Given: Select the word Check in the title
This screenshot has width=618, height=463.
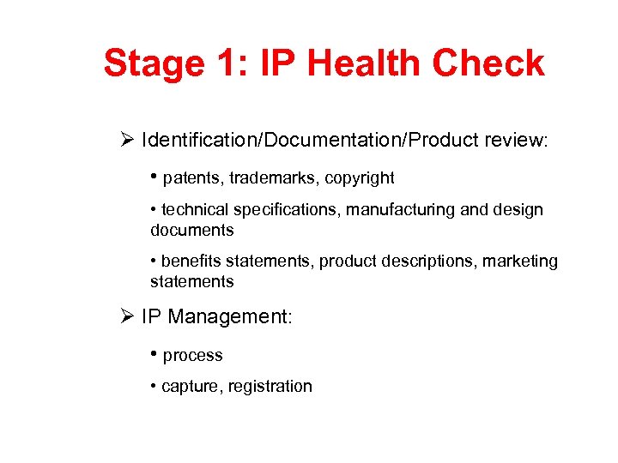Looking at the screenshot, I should click(488, 63).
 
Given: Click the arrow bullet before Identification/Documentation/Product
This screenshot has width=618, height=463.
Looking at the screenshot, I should click(128, 139).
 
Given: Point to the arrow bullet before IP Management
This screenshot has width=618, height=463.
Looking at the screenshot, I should click(128, 316).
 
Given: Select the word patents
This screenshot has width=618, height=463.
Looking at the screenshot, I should click(191, 178).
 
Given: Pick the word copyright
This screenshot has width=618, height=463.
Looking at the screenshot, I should click(360, 178).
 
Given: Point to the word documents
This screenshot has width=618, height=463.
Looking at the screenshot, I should click(191, 230).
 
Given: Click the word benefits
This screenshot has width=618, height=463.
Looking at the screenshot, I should click(192, 261).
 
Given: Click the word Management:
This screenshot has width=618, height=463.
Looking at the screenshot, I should click(230, 316).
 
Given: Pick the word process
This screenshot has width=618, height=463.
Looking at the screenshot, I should click(193, 356).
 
